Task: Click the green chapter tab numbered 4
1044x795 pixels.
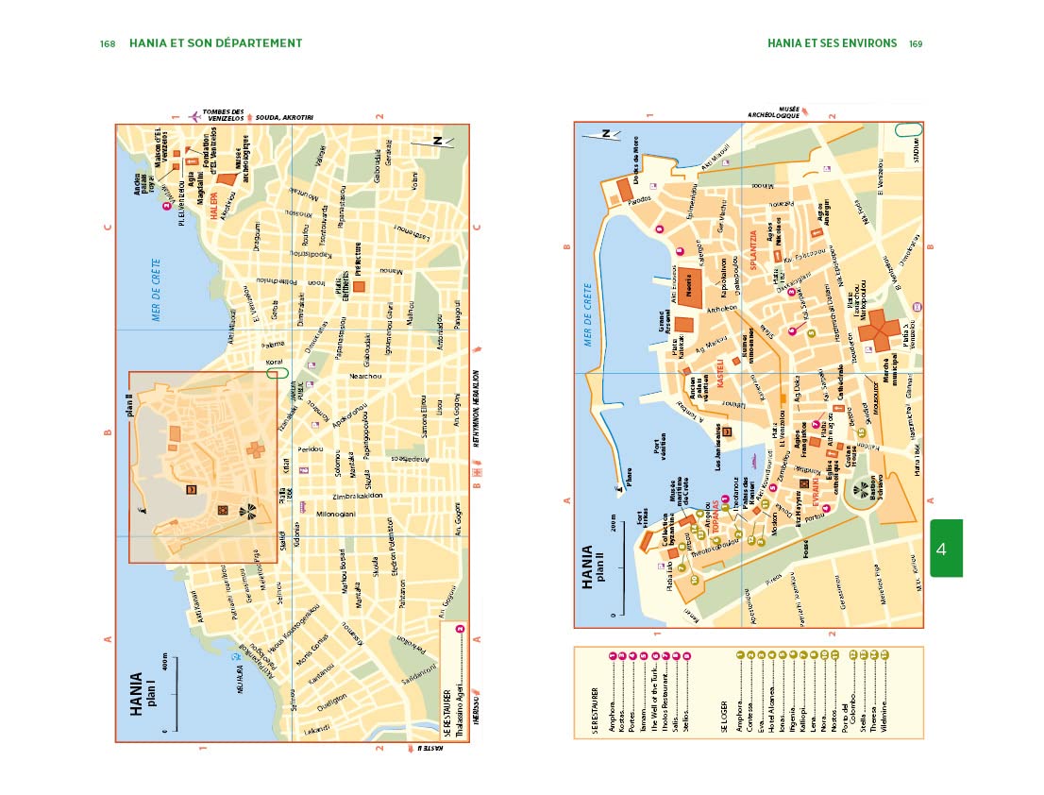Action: (x=946, y=548)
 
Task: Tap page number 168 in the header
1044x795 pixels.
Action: (x=108, y=43)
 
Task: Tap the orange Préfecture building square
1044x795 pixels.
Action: (x=358, y=285)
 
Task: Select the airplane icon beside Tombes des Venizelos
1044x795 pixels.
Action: (x=194, y=116)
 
